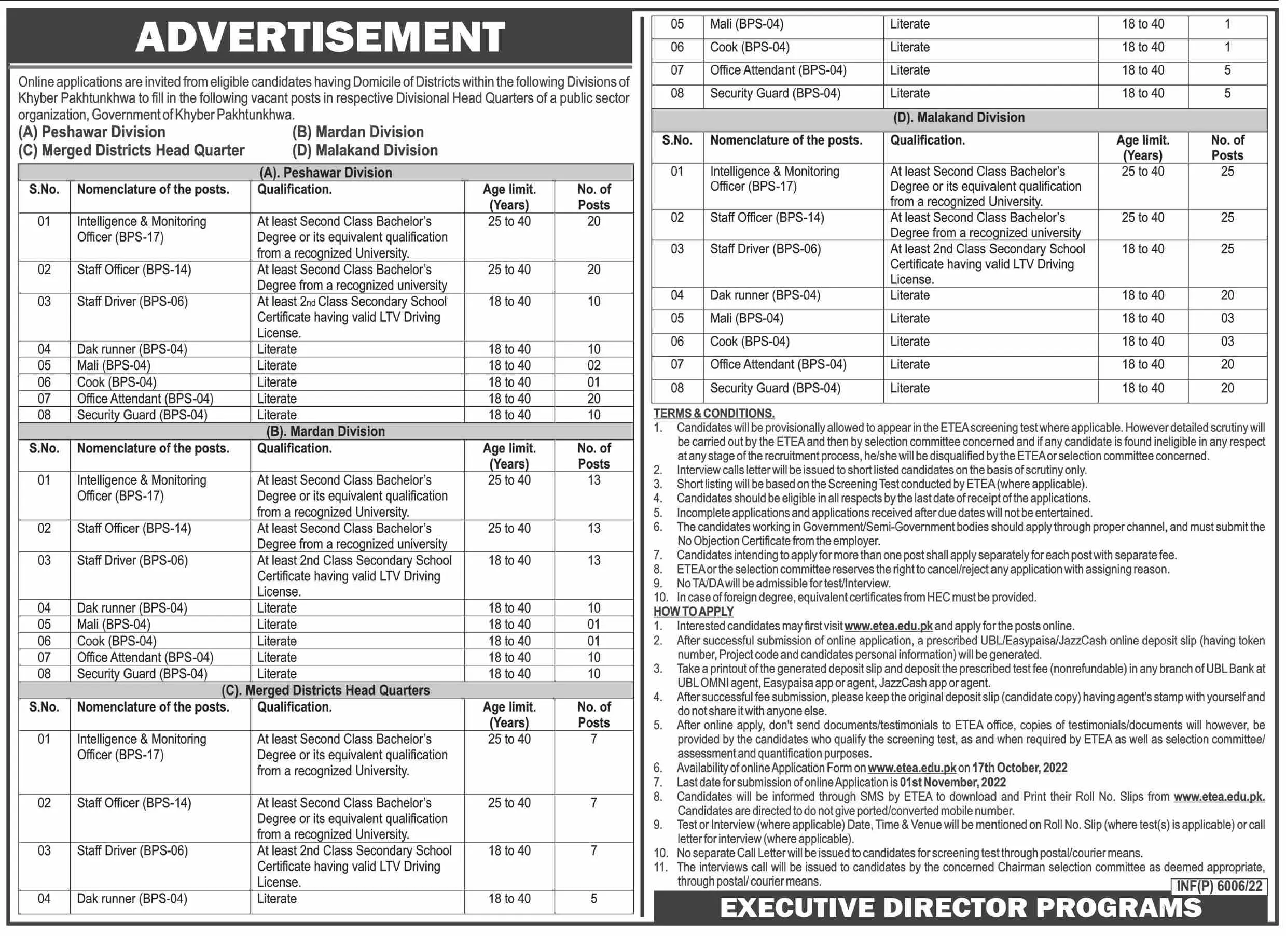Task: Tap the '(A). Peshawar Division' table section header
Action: point(325,172)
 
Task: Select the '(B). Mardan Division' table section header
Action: point(325,431)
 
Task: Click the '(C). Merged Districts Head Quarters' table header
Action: point(325,690)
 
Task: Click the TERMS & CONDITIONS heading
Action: point(713,413)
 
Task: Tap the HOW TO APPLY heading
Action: point(693,612)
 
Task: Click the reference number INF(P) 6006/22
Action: point(1219,886)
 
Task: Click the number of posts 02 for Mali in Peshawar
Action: point(593,365)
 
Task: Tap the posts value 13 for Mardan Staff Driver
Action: point(593,560)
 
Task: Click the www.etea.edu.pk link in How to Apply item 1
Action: point(888,626)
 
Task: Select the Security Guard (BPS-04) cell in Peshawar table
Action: point(142,415)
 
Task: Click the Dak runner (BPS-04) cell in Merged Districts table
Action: point(132,899)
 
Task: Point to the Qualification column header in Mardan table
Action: point(294,448)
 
